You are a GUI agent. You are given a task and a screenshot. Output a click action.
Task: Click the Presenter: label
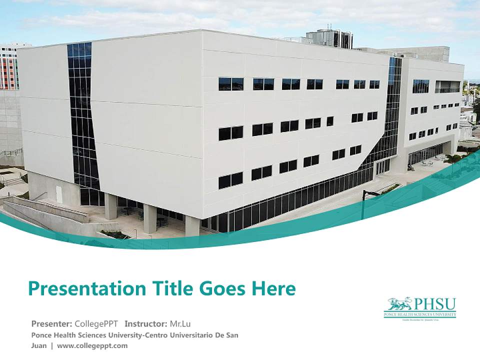point(51,323)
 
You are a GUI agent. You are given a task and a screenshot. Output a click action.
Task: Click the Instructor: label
point(146,323)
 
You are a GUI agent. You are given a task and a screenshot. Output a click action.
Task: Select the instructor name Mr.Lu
point(180,323)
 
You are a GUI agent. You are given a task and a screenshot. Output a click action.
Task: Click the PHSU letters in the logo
point(434,303)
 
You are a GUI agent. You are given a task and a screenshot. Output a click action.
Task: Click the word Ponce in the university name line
point(41,335)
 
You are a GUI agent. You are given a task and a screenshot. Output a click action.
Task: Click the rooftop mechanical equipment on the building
point(329,38)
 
